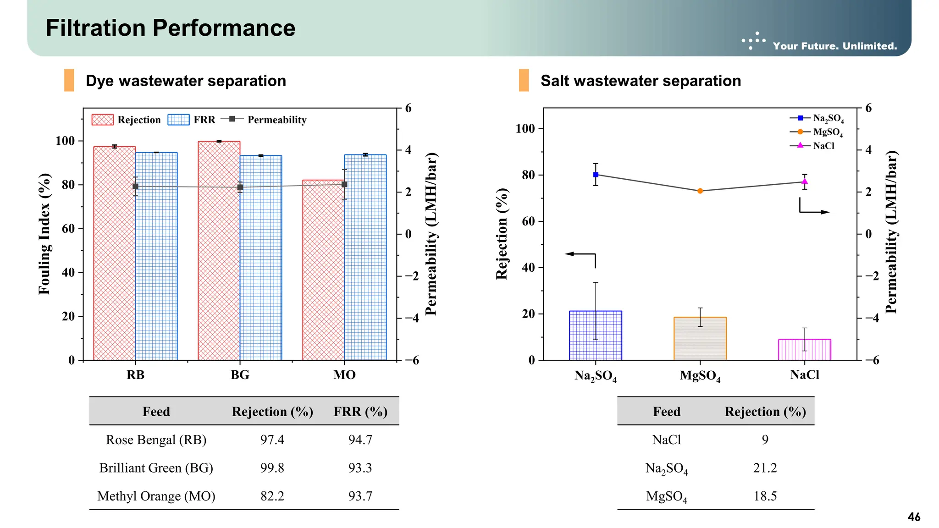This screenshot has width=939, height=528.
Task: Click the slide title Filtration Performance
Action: tap(171, 28)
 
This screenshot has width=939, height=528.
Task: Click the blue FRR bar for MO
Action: tap(365, 257)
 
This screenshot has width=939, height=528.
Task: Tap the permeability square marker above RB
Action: tap(135, 187)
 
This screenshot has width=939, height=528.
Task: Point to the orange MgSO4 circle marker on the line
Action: tap(700, 191)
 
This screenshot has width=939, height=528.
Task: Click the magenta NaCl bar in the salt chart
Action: tap(804, 350)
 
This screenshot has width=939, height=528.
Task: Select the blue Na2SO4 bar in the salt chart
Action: tap(595, 335)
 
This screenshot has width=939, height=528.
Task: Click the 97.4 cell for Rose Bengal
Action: tap(272, 440)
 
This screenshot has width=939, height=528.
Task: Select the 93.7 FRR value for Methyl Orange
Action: tap(360, 496)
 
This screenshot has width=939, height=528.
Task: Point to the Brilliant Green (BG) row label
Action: tap(156, 468)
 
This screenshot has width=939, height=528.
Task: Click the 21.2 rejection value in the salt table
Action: tap(765, 468)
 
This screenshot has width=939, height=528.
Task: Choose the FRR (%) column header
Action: tap(360, 412)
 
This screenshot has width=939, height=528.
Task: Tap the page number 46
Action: tap(914, 517)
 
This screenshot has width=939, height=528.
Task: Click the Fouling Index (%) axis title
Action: tap(44, 234)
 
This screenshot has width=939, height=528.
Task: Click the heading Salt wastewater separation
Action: tap(641, 81)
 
